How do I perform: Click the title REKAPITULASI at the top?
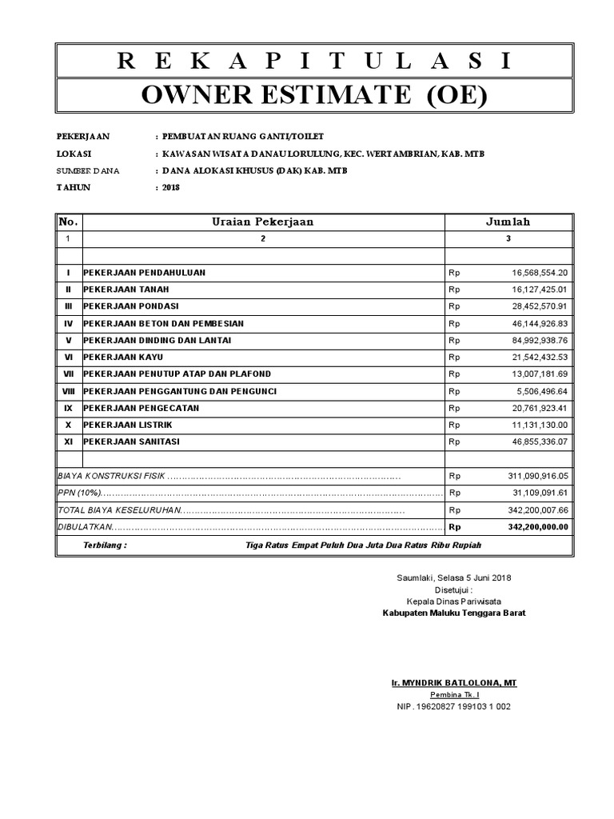314,62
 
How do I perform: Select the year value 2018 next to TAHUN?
171,187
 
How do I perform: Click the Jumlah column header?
508,222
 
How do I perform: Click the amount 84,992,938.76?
539,340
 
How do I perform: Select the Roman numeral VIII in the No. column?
69,391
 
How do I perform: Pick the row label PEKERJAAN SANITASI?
132,441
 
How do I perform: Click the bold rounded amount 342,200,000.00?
537,527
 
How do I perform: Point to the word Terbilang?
105,545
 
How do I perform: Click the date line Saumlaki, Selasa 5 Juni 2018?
453,577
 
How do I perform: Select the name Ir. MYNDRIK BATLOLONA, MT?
453,683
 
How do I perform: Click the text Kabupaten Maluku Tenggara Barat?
453,613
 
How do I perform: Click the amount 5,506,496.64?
541,391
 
